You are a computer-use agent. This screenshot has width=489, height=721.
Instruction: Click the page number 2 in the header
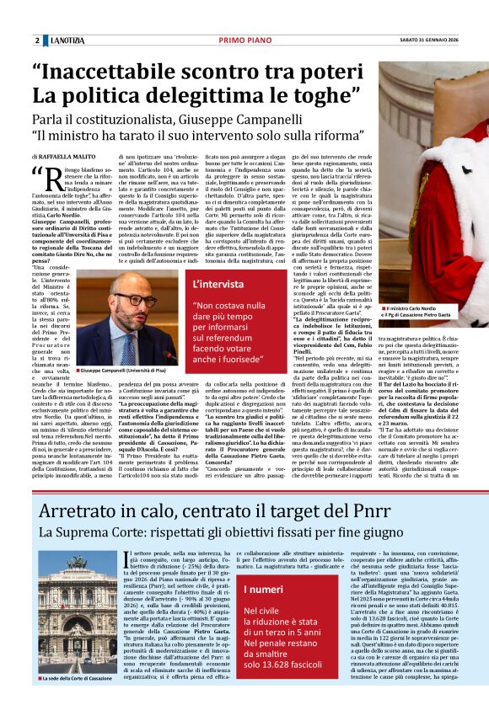pyautogui.click(x=37, y=40)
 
